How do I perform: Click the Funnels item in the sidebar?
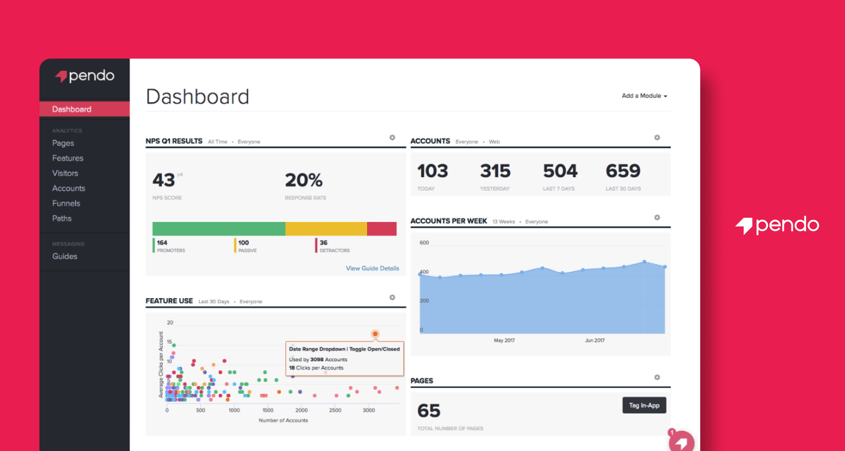tap(66, 203)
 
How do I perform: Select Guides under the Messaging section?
tap(65, 256)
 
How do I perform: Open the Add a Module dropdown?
tap(644, 96)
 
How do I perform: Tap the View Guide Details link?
tap(372, 268)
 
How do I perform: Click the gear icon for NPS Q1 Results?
tap(392, 138)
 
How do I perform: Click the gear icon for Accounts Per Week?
tap(657, 217)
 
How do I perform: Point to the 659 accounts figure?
tap(622, 171)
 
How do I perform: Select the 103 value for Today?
tap(432, 171)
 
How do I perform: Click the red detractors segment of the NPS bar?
tap(381, 229)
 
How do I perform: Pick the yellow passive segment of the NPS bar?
tap(326, 229)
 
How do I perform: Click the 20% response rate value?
tap(303, 180)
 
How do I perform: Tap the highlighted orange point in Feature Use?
tap(375, 334)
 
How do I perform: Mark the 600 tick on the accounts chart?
tap(424, 243)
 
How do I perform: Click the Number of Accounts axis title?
tap(283, 420)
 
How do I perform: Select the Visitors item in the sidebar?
tap(65, 173)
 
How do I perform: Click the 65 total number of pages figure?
tap(428, 411)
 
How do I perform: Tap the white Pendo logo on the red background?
tap(777, 225)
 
